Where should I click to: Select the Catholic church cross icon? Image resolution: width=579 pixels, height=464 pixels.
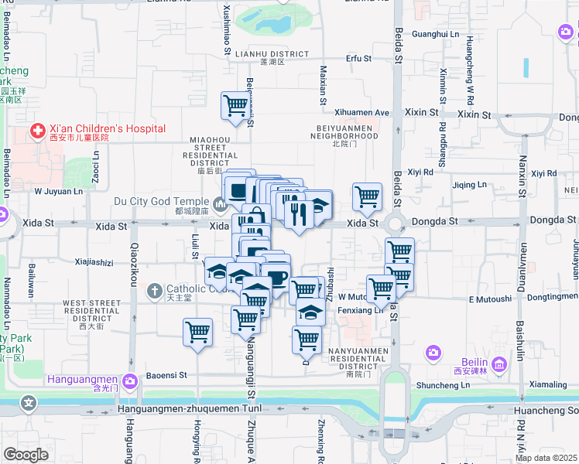tap(154, 292)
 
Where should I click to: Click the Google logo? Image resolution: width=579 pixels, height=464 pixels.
tap(26, 454)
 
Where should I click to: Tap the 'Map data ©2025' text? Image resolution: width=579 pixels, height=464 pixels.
tap(546, 458)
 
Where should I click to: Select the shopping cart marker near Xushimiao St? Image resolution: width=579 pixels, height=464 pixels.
tap(235, 106)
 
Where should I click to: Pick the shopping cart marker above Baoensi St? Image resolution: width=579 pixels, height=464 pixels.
tap(197, 333)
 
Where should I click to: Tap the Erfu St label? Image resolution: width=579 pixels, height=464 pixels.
tap(358, 58)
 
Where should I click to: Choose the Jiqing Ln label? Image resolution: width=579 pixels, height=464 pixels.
tap(469, 185)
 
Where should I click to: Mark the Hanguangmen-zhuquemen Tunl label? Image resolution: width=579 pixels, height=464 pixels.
tap(201, 408)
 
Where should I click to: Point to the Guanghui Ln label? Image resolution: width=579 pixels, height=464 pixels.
tap(435, 35)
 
